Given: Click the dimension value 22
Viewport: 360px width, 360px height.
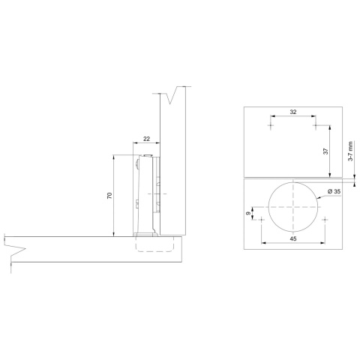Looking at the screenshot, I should click(x=145, y=138).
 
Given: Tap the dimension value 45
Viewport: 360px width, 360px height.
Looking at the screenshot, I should click(x=292, y=239).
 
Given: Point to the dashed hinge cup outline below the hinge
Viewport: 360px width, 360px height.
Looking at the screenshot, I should click(x=154, y=244).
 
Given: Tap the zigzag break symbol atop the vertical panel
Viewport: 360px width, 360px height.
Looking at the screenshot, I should click(x=177, y=96).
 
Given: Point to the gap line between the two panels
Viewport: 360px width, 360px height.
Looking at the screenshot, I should click(x=292, y=178).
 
